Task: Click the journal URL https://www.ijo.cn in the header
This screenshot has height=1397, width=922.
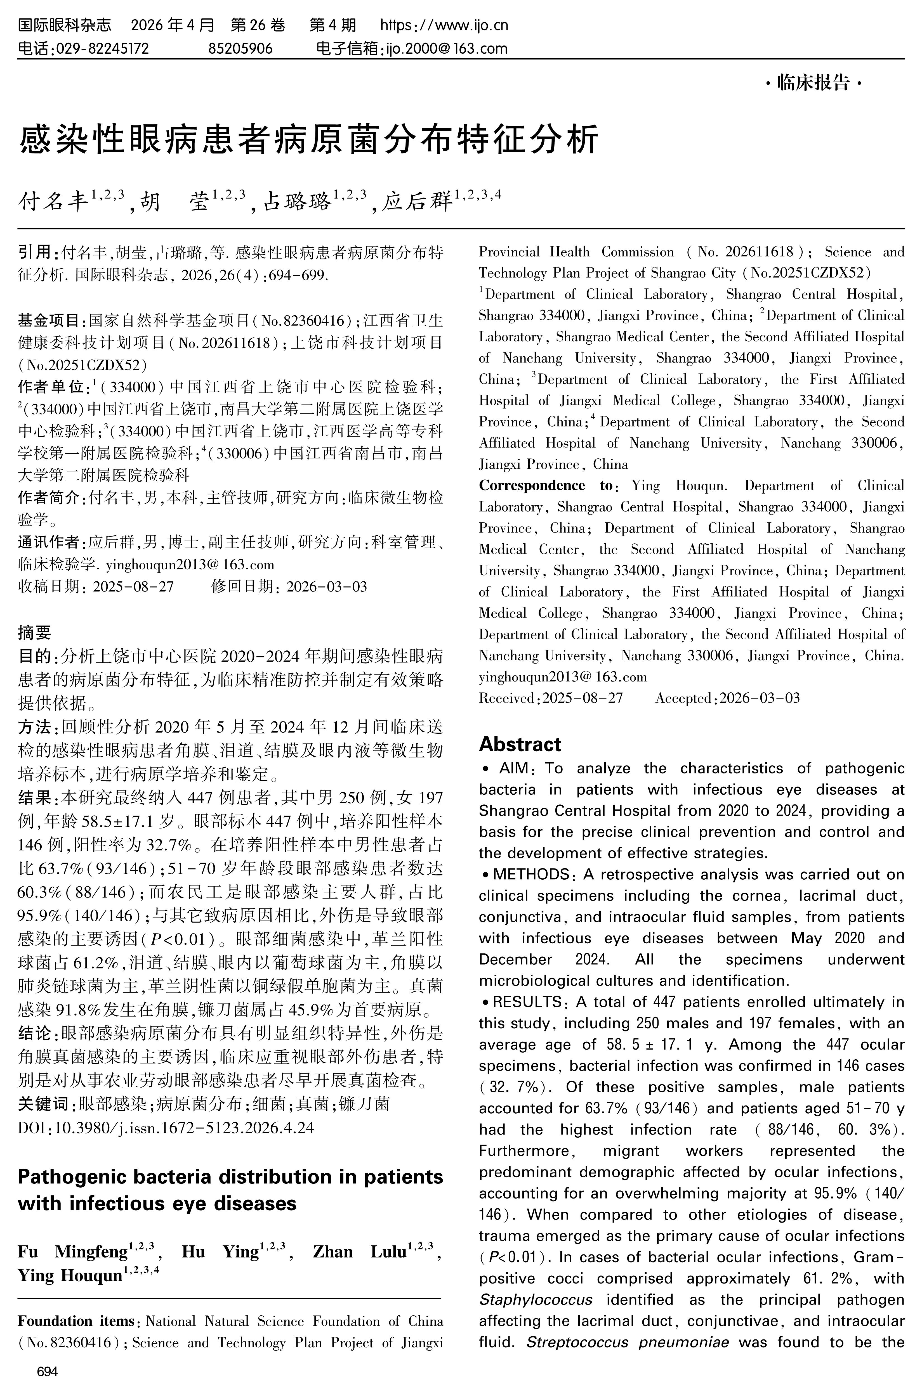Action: [x=444, y=25]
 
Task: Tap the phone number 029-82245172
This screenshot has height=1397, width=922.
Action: [x=101, y=48]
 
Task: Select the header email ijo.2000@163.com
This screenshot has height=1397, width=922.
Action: [x=446, y=48]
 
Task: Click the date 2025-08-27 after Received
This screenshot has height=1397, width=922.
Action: [x=582, y=698]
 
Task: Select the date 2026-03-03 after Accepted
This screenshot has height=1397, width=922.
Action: [x=760, y=698]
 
